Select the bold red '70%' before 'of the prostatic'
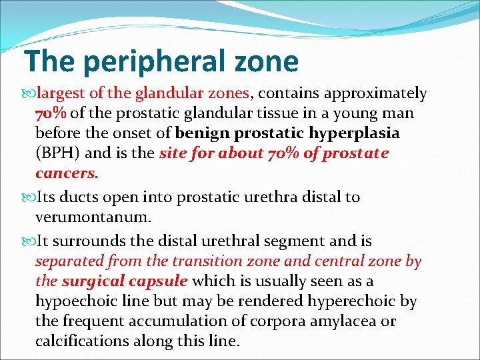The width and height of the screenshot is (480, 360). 51,113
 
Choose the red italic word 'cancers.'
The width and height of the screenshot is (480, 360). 67,173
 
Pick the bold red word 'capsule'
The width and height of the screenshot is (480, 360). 161,281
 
